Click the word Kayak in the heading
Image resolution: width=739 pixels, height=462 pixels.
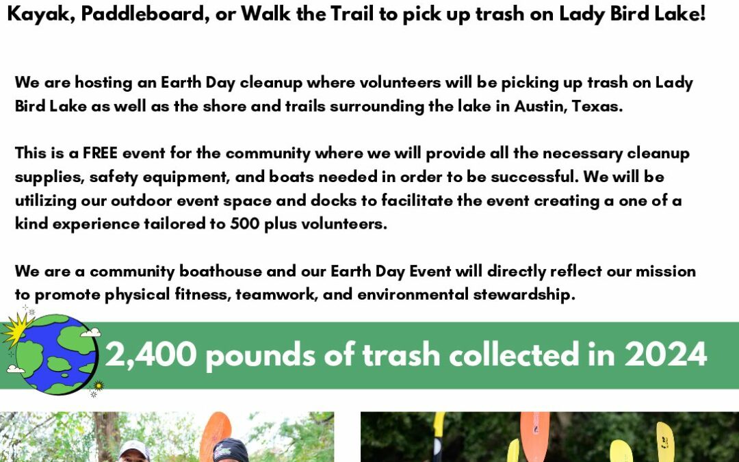[x=40, y=14]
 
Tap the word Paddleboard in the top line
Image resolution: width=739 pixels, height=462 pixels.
[x=145, y=14]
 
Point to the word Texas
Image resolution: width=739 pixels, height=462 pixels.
[x=597, y=105]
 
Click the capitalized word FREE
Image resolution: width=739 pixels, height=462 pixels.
[x=100, y=153]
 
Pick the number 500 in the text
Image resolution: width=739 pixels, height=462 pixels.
[x=244, y=223]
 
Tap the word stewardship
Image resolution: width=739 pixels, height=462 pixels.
[x=524, y=295]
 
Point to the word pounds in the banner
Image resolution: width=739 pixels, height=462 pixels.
[x=261, y=355]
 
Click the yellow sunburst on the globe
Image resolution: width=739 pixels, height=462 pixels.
[x=17, y=328]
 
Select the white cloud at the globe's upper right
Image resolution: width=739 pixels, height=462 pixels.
[x=90, y=332]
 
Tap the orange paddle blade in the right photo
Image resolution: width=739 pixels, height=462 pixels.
[x=534, y=436]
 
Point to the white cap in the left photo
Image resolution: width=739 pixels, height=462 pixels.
[x=134, y=449]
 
